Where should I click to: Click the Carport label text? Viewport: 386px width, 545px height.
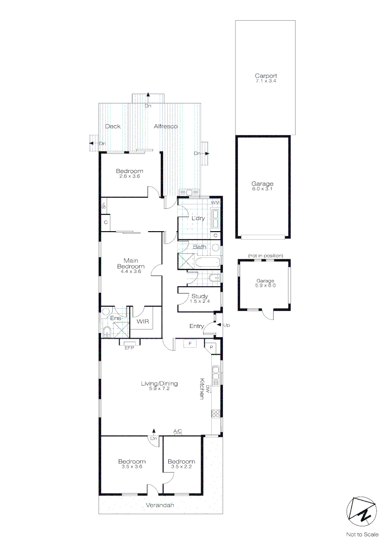tap(265, 76)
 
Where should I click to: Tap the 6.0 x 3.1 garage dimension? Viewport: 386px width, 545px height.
tap(263, 189)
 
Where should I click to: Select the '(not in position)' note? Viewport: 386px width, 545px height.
tap(265, 255)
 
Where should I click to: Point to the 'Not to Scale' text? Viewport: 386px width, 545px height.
tap(362, 534)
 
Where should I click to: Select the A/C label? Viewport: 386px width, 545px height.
tap(178, 431)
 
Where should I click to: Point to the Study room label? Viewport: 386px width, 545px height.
tap(200, 296)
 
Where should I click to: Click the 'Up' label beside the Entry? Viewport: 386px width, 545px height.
tap(226, 325)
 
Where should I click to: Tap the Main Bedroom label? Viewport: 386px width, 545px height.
tap(131, 263)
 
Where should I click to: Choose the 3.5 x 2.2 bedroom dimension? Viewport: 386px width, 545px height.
tap(181, 467)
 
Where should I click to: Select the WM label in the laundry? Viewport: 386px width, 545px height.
tap(215, 202)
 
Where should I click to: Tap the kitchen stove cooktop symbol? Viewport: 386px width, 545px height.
tap(216, 413)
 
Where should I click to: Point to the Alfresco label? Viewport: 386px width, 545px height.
tap(165, 126)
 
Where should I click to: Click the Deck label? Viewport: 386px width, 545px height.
tap(113, 126)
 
